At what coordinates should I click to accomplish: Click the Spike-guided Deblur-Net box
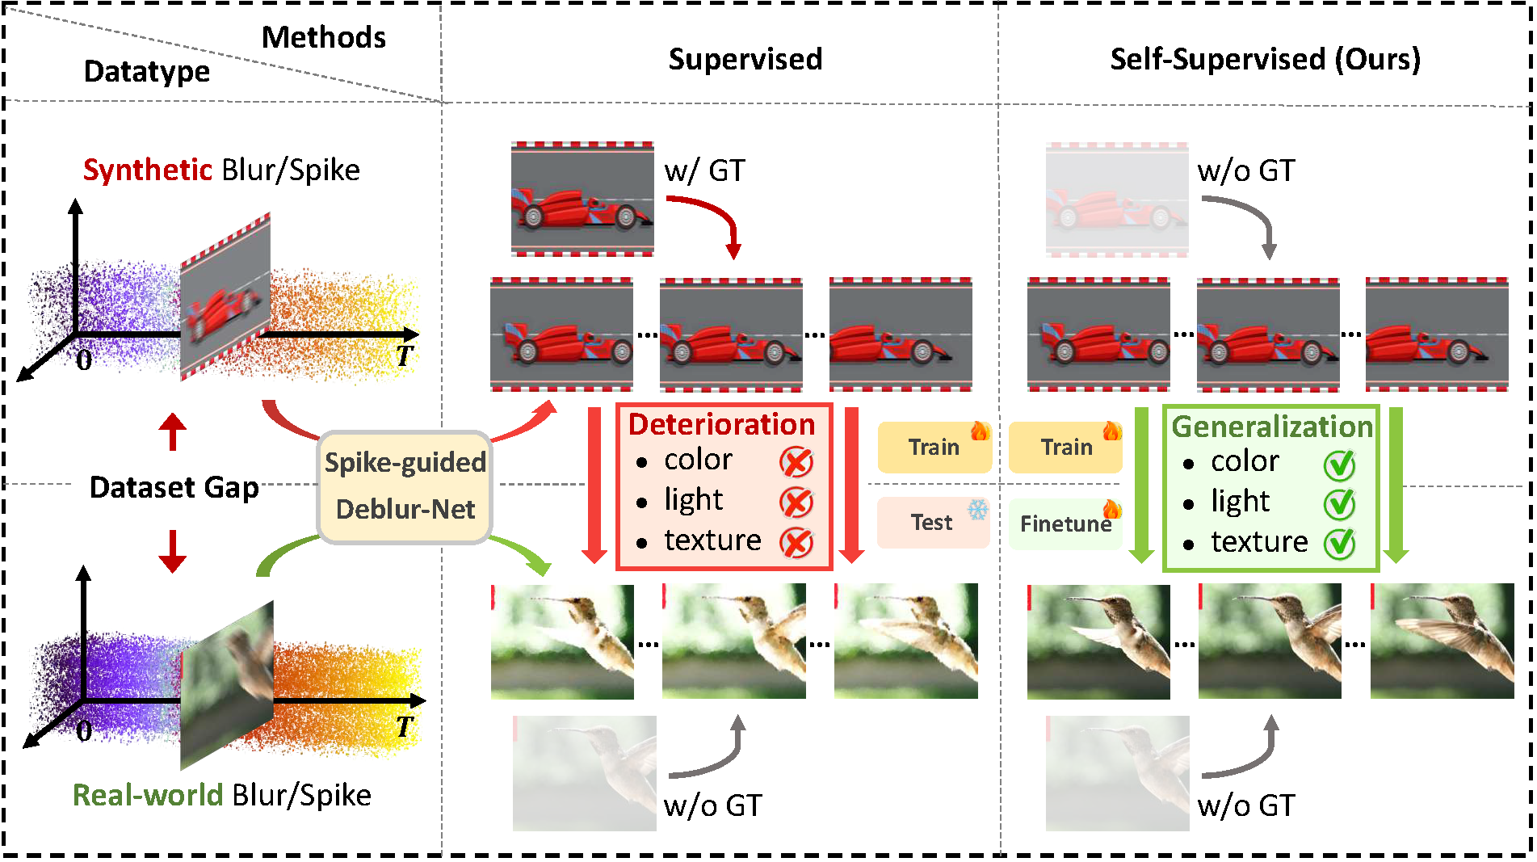(405, 486)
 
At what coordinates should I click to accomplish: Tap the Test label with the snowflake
(933, 523)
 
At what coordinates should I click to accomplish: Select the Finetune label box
(1065, 524)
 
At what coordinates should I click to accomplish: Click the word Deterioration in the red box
(721, 425)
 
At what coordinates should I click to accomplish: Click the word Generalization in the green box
(1271, 427)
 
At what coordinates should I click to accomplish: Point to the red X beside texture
(796, 542)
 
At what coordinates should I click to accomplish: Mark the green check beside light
(1339, 503)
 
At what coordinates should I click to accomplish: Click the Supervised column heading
(745, 59)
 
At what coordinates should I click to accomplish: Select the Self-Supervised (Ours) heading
(1265, 59)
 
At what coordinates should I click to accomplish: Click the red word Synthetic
(147, 170)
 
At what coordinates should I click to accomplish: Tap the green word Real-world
(147, 795)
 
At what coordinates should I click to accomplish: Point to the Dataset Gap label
(174, 487)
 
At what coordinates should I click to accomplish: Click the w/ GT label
(704, 171)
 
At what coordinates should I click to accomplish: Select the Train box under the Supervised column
(934, 447)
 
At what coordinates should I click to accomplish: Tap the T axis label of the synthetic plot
(404, 355)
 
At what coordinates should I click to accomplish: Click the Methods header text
(323, 38)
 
